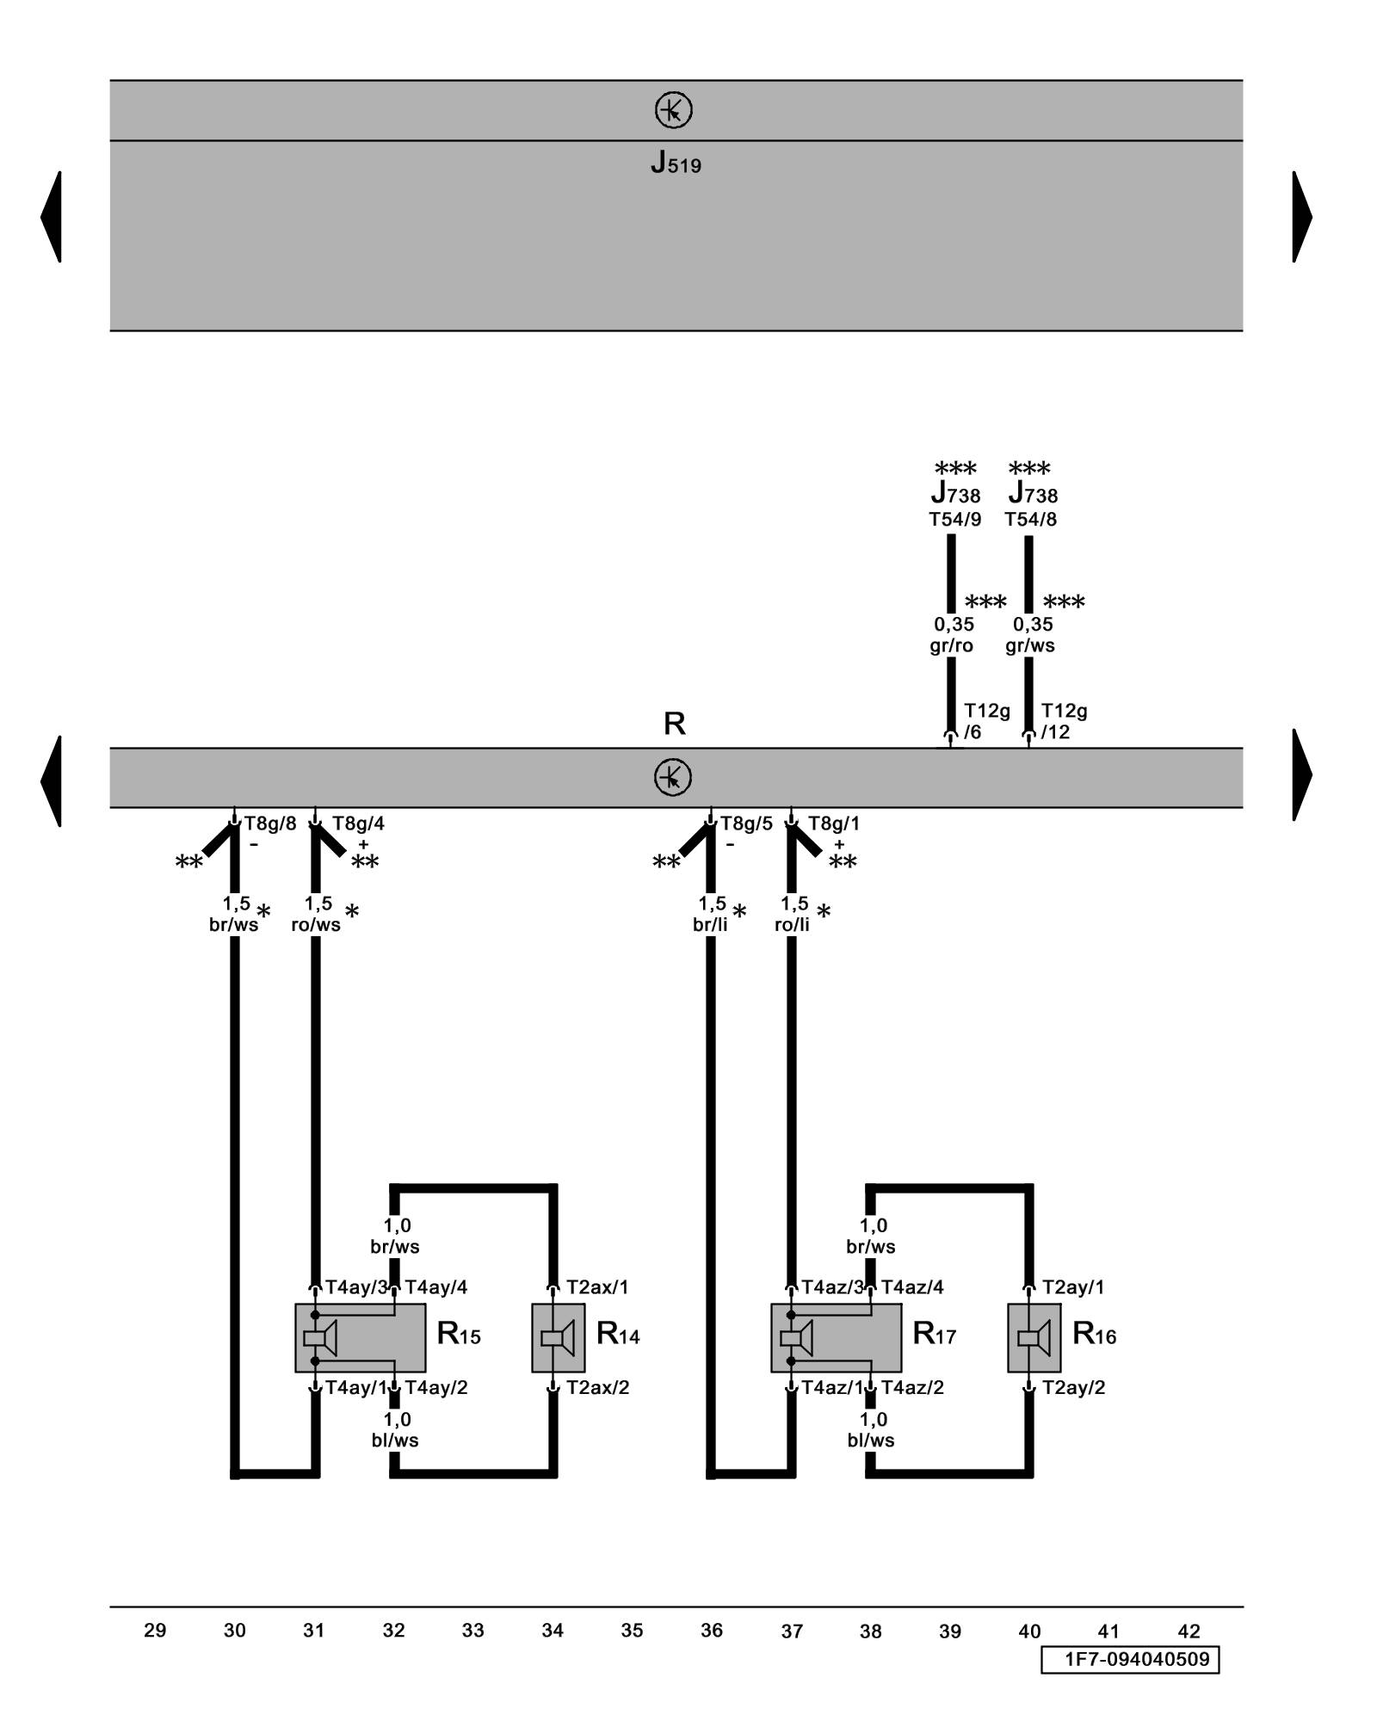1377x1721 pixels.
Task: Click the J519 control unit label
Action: click(x=676, y=163)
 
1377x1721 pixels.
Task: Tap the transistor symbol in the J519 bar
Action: click(x=673, y=111)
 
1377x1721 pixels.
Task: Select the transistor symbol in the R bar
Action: click(x=673, y=777)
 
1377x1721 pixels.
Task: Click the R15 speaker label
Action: click(x=458, y=1335)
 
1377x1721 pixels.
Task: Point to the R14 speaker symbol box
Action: click(x=558, y=1337)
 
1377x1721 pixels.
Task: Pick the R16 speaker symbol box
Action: click(x=1034, y=1337)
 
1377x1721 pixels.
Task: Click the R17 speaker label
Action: click(x=934, y=1335)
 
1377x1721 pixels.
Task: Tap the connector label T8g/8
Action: click(x=269, y=823)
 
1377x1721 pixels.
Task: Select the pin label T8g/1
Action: click(x=833, y=823)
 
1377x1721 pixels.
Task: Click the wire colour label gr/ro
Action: click(x=951, y=645)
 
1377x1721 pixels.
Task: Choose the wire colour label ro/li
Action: click(x=792, y=925)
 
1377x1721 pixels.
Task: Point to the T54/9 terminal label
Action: click(x=954, y=520)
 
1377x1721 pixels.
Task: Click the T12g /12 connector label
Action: click(x=1064, y=721)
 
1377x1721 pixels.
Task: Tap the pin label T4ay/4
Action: click(x=435, y=1287)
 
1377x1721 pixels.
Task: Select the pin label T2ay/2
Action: click(x=1073, y=1387)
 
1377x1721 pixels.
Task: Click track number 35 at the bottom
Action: click(x=632, y=1631)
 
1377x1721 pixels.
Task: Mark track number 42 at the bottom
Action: click(x=1189, y=1631)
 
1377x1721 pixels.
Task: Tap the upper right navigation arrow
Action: click(x=1301, y=216)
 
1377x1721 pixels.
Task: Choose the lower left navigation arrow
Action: click(x=52, y=780)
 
